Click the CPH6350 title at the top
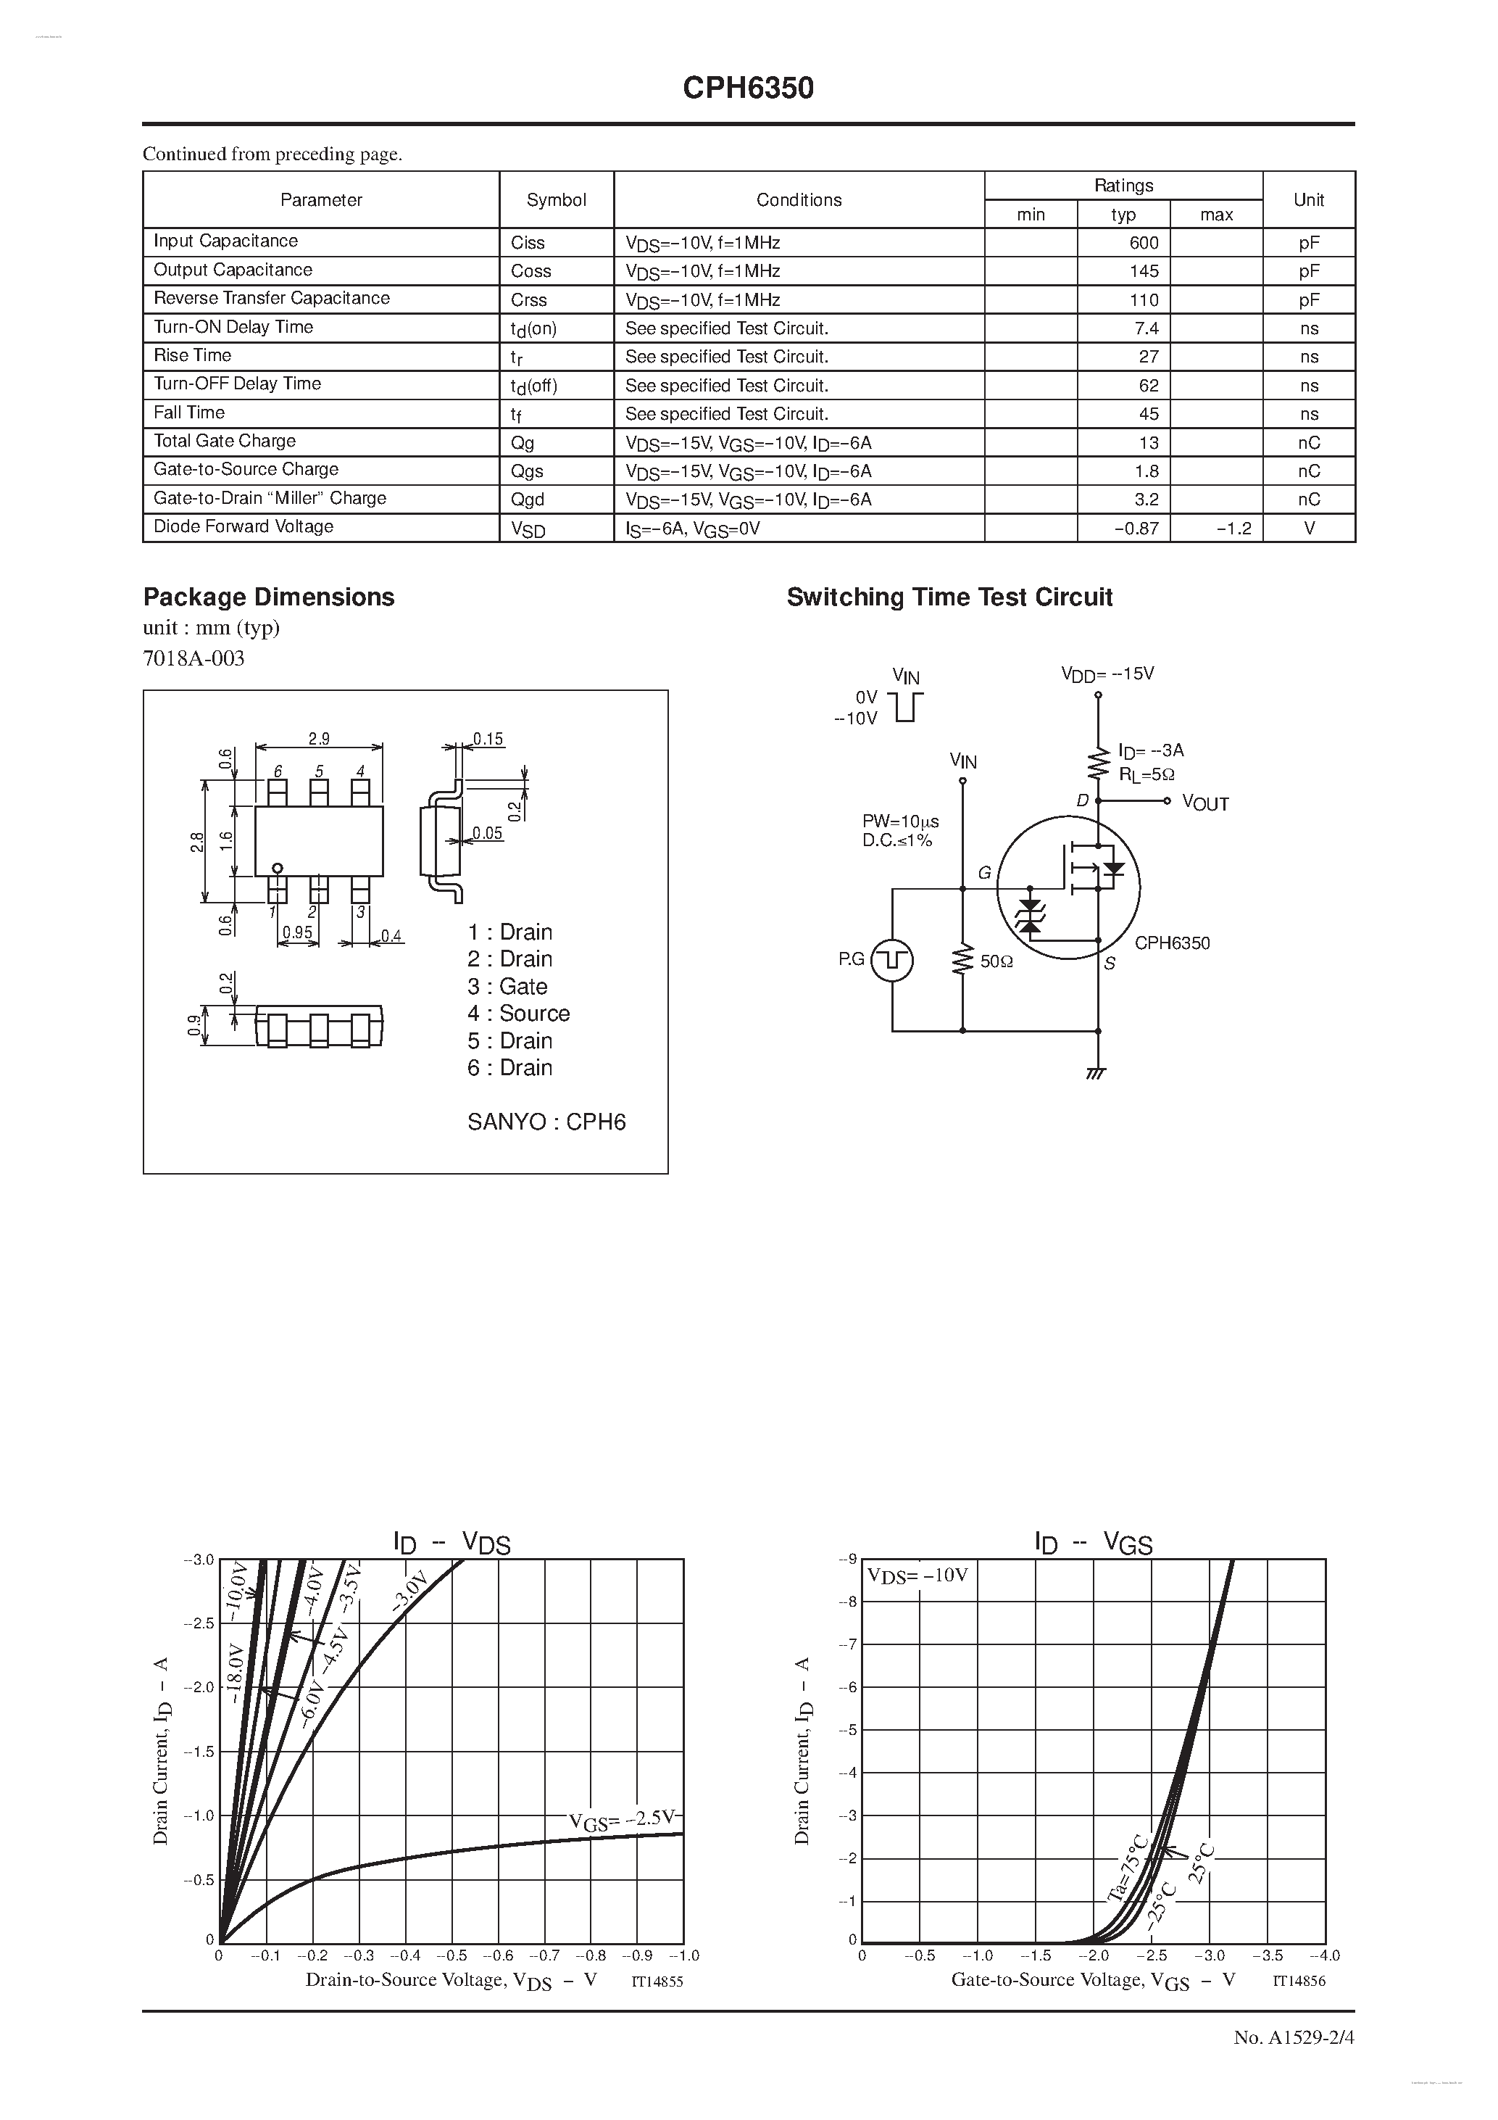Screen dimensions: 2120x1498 pos(748,88)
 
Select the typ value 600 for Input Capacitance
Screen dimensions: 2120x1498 pos(1144,243)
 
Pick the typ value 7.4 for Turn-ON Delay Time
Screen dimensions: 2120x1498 pos(1147,328)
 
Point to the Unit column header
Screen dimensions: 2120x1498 pos(1308,199)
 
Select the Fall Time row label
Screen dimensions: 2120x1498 pos(189,413)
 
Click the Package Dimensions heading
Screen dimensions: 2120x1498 pos(269,597)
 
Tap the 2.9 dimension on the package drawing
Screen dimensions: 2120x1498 pos(318,739)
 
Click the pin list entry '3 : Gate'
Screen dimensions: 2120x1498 pos(507,986)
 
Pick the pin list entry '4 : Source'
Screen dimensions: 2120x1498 pos(519,1013)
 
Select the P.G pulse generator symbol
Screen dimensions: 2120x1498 pos(891,960)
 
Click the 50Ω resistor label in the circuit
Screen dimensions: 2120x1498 pos(996,961)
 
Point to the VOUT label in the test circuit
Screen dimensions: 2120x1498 pos(1204,804)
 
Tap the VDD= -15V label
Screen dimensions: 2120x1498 pos(1107,674)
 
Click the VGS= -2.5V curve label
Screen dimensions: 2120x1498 pos(621,1820)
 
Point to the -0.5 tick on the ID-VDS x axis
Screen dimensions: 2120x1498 pos(452,1955)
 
